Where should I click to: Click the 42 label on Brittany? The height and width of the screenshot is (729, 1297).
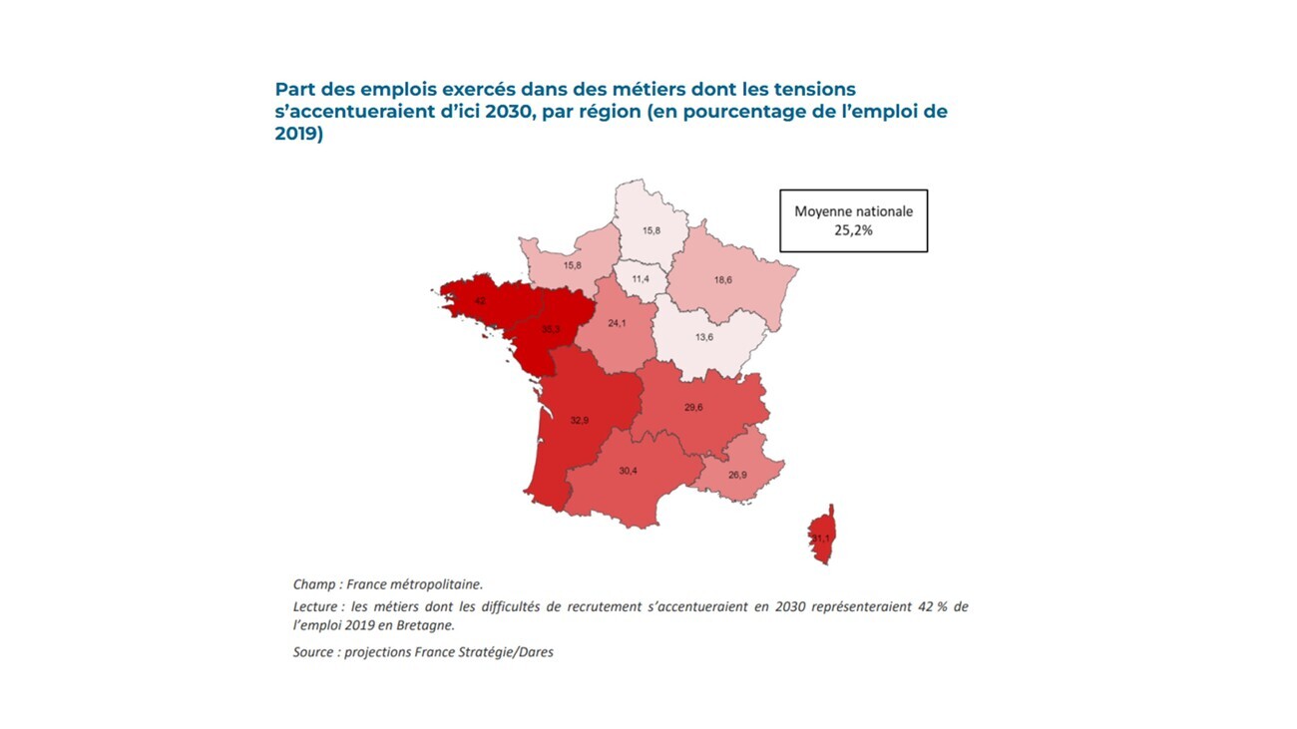[480, 300]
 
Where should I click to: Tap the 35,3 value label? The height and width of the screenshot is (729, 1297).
[550, 328]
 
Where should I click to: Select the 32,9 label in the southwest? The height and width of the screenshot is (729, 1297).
[580, 420]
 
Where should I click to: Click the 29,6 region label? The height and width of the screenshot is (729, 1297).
[694, 407]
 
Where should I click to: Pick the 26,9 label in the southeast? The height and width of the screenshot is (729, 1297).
[737, 475]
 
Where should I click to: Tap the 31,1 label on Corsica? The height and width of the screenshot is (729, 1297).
[820, 539]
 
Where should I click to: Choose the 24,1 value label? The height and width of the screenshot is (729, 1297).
[617, 323]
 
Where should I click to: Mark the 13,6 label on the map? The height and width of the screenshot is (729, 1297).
[703, 337]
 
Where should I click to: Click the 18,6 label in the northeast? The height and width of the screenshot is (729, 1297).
[723, 280]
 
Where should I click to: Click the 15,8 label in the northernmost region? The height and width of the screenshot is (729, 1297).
[650, 230]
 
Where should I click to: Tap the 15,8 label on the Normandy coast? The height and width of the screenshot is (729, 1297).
[573, 265]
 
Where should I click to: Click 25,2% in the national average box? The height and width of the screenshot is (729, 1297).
[853, 229]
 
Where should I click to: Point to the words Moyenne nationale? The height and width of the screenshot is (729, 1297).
[853, 211]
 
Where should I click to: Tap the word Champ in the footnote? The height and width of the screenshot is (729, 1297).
[314, 584]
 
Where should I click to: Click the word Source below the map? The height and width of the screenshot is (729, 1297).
[315, 652]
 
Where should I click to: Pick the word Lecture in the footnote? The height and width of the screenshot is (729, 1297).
[317, 606]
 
